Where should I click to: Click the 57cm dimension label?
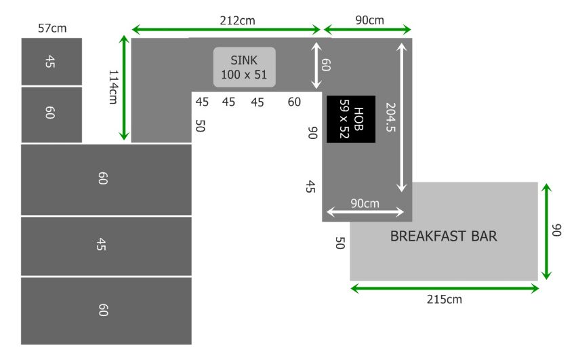(52, 28)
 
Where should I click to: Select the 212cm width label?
(237, 20)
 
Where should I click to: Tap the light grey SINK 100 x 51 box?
(244, 67)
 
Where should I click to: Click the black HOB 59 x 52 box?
(351, 119)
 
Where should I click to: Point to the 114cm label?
(114, 87)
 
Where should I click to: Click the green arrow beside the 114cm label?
(124, 87)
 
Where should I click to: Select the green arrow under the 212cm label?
(226, 29)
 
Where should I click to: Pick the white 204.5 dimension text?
(390, 117)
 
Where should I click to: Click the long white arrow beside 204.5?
(402, 117)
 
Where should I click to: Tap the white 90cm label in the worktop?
(365, 203)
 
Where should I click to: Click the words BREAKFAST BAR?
(443, 236)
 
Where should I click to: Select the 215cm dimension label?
(444, 300)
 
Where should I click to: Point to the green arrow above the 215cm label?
(445, 288)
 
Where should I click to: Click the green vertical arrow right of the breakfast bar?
(547, 231)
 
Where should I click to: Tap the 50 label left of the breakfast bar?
(340, 243)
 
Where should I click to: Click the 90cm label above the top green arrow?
(369, 20)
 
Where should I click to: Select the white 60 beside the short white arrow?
(326, 64)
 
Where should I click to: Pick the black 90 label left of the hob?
(312, 133)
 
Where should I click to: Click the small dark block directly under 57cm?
(52, 62)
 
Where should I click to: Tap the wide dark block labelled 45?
(106, 246)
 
